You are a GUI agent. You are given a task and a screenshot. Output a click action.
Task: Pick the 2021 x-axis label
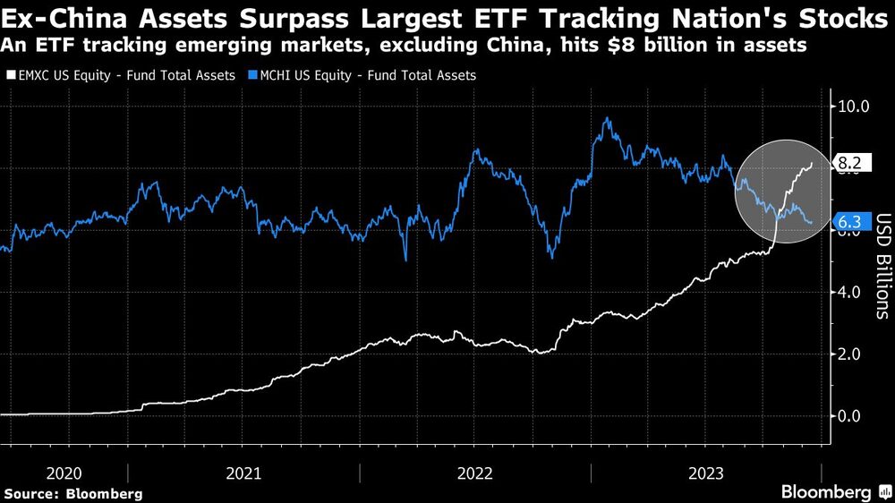point(243,472)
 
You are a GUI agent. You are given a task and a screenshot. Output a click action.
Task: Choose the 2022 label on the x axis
point(475,472)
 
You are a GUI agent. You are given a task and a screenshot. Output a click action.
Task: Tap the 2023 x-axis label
point(706,472)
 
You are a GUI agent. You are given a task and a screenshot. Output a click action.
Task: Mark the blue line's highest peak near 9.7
point(608,118)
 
